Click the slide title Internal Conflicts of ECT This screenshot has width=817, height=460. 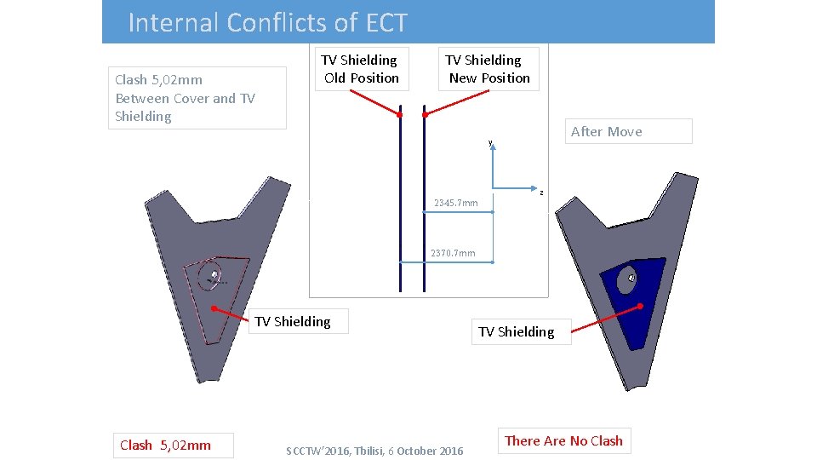[x=267, y=22]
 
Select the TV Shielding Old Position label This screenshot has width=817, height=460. [x=361, y=69]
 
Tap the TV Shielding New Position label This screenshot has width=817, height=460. [x=489, y=69]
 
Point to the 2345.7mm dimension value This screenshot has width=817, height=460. [x=456, y=203]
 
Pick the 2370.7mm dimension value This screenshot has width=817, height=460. [x=453, y=253]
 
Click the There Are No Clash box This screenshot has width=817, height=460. [x=563, y=440]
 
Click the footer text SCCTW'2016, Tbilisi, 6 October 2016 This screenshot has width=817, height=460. [x=374, y=451]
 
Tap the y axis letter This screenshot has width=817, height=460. [x=490, y=143]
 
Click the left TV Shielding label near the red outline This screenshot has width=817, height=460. [x=293, y=321]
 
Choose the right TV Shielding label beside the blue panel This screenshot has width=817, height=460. [x=516, y=331]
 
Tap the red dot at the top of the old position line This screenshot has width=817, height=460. [x=399, y=114]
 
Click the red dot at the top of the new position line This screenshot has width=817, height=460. [x=425, y=114]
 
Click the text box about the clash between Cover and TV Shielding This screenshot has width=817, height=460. [x=197, y=98]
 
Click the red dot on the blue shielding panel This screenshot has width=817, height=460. [x=640, y=306]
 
